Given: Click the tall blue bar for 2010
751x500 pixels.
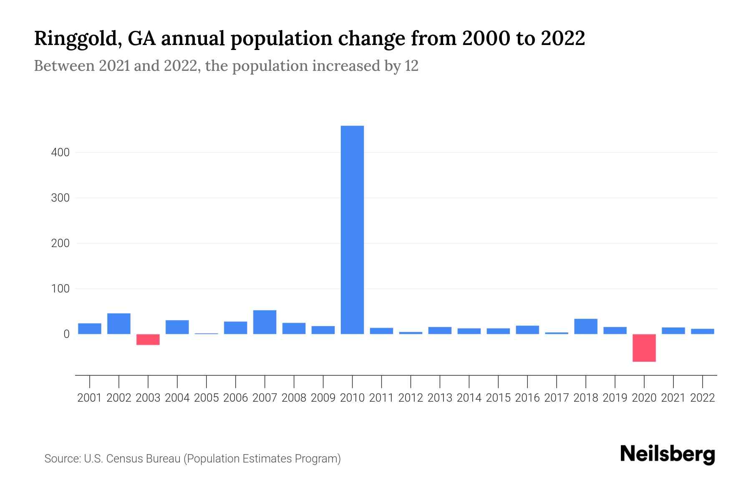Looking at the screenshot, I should pos(352,230).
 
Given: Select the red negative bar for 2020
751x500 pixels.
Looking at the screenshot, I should pos(644,347).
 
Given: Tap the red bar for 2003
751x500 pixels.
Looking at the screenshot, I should pos(148,340).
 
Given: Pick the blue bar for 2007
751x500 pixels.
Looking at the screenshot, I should pos(265,322).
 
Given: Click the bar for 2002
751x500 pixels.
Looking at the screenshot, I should pos(119,323).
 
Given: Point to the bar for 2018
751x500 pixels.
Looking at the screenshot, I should pos(585,326).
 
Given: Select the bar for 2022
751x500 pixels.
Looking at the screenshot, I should pos(702,331).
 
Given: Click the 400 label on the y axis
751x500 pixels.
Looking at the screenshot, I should pos(60,152).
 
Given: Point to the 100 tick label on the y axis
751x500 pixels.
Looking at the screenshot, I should pos(60,288).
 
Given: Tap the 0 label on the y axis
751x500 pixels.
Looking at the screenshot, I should pos(66,334).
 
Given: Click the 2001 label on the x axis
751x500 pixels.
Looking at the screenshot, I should pos(90,398).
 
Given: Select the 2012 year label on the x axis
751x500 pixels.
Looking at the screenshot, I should pos(411,398).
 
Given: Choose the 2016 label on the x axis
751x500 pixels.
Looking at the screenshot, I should pos(527,398).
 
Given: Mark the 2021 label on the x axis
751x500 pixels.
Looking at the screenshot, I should pos(673,398).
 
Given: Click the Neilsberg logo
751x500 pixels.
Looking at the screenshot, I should pos(668,454).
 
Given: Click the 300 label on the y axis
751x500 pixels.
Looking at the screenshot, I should pos(60,198).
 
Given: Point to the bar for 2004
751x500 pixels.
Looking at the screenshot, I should pos(177,327).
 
